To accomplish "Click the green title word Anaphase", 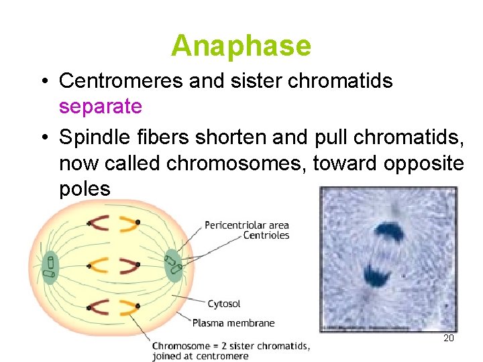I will (241, 46).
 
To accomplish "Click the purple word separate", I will (100, 106).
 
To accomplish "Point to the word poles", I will (85, 188).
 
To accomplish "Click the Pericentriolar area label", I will (246, 225).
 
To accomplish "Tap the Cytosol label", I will (224, 304).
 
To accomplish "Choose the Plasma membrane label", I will (233, 323).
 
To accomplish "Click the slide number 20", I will (449, 339).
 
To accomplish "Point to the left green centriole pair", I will (50, 265).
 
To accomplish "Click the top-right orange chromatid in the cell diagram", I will (127, 223).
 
